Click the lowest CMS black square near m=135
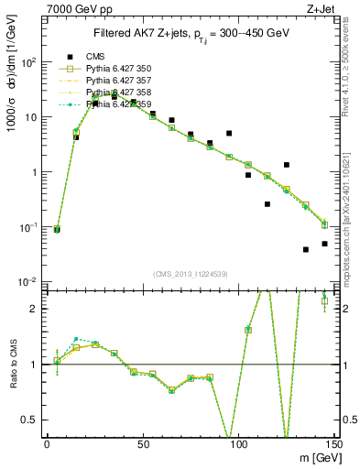[x=306, y=249]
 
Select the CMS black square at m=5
[x=57, y=230]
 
